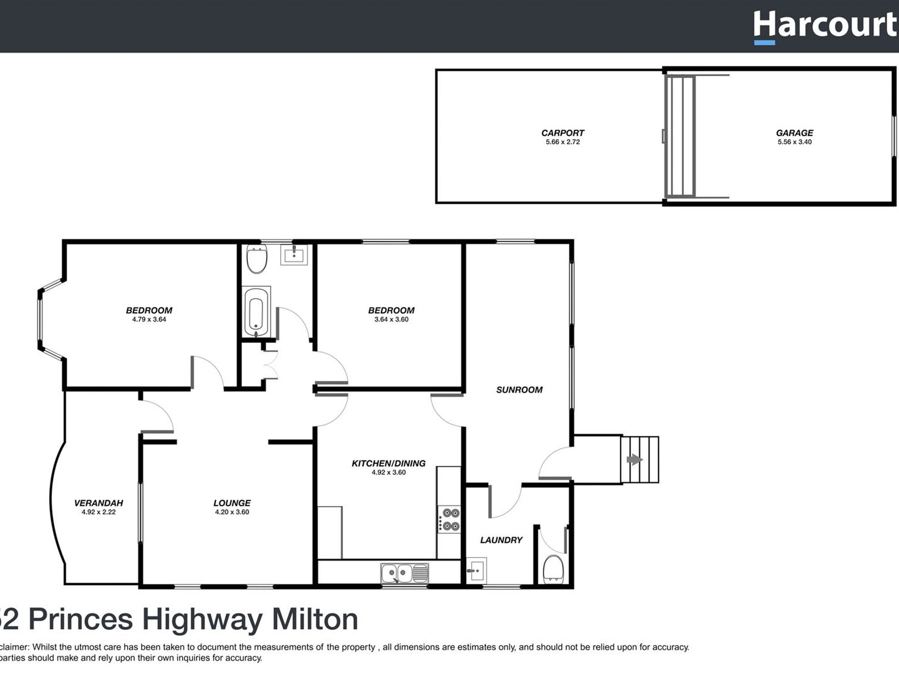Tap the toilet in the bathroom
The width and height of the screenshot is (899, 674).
click(257, 259)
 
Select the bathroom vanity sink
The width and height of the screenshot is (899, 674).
click(294, 255)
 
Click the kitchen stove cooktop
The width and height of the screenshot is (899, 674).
click(449, 519)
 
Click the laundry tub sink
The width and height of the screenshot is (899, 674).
click(476, 570)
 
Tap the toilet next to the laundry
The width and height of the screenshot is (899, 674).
click(553, 569)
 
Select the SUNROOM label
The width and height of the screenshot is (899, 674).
click(519, 390)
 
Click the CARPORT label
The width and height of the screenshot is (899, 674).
click(563, 133)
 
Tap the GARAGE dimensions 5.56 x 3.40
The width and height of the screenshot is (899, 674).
click(794, 142)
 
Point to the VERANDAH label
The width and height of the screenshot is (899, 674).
click(98, 503)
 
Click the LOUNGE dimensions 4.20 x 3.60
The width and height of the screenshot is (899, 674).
click(232, 512)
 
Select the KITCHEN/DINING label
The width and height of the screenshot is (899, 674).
click(388, 464)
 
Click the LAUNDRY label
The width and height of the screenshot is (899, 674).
click(501, 540)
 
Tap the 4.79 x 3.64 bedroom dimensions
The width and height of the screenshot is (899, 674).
click(149, 319)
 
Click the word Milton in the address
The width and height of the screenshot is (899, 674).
click(315, 619)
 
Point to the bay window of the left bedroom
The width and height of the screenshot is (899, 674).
click(41, 320)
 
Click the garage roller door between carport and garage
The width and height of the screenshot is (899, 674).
click(680, 136)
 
